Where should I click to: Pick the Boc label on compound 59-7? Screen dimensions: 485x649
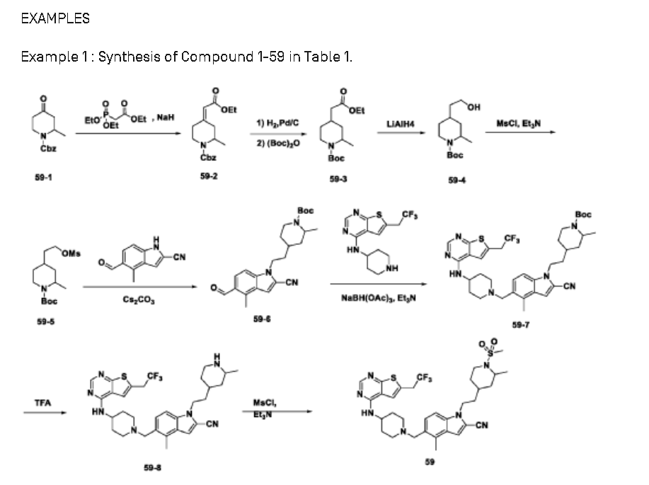[582, 214]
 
